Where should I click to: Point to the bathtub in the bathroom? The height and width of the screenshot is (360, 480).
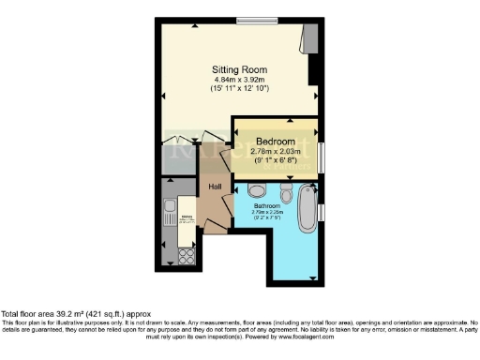307,208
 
